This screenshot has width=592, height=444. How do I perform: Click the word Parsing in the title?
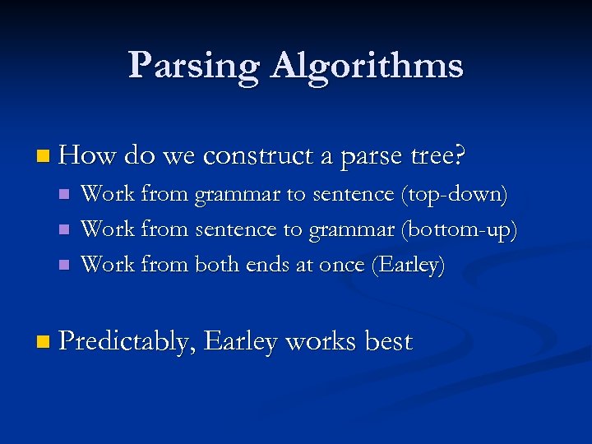(194, 66)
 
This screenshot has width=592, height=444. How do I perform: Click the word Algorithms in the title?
(367, 66)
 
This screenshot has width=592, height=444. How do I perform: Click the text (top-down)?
(454, 195)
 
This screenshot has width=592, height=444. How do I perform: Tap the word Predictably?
(126, 341)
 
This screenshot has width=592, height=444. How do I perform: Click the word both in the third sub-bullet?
(218, 265)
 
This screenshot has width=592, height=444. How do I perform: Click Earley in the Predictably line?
(239, 341)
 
